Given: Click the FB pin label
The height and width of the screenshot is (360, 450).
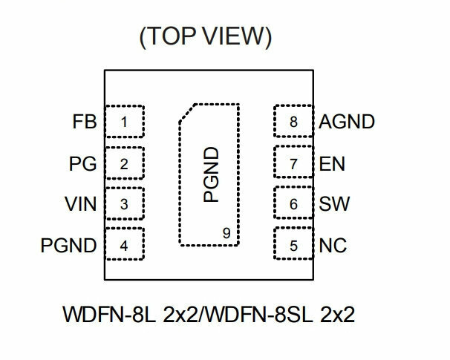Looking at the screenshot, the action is (x=85, y=122).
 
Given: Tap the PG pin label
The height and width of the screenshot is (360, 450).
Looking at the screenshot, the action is (x=82, y=164).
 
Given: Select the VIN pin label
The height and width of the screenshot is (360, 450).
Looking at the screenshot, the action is (x=81, y=204).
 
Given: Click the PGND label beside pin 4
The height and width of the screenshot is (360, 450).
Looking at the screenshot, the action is (x=68, y=246).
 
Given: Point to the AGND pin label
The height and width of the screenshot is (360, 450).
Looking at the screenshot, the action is (x=347, y=122).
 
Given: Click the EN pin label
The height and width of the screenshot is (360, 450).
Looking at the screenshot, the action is (x=332, y=164).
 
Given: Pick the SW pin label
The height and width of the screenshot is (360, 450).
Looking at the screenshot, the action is (x=334, y=204).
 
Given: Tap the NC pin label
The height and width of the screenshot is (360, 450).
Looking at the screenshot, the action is (x=333, y=246).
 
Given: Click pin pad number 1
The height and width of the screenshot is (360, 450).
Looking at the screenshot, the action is (x=125, y=121).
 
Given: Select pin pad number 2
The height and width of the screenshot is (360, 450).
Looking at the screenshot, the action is (x=125, y=163).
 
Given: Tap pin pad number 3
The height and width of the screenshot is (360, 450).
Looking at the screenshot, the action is (x=125, y=203).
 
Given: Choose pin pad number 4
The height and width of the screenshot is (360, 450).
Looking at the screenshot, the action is (x=125, y=244).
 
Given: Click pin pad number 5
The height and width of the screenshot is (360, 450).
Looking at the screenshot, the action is (x=293, y=243).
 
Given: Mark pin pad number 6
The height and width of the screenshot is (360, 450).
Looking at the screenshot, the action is (x=293, y=203).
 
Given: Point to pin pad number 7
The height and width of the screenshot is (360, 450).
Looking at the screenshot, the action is (x=293, y=162).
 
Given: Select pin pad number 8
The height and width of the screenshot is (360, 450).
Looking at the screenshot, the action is (x=293, y=121).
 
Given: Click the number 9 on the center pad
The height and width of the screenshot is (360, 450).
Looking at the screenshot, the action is (x=226, y=233).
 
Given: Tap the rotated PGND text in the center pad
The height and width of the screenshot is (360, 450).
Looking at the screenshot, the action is (x=211, y=174).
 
